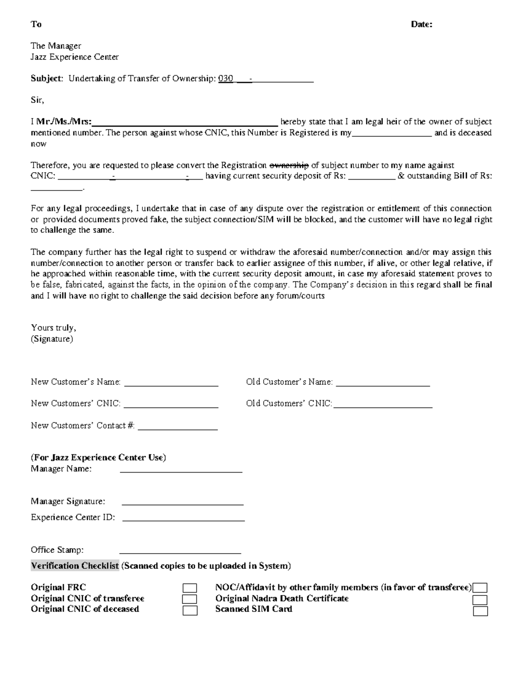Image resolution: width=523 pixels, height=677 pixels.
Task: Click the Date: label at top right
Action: tap(421, 24)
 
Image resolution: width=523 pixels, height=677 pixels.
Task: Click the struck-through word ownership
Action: tap(289, 165)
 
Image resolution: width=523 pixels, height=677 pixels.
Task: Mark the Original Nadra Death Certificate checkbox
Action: tap(480, 600)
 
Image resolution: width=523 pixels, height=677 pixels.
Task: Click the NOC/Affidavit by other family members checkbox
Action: tap(480, 589)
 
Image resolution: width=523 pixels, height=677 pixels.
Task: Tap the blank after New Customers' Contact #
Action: tap(177, 429)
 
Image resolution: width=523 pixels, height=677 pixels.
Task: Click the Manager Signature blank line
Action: tap(182, 503)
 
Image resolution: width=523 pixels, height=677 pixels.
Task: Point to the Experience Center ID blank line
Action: tap(183, 520)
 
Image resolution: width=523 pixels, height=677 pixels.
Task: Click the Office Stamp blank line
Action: tap(180, 552)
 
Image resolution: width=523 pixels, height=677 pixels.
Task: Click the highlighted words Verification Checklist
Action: tap(75, 566)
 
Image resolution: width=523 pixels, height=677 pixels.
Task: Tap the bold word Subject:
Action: tap(47, 78)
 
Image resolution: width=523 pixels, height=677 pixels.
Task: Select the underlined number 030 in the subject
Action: tap(225, 78)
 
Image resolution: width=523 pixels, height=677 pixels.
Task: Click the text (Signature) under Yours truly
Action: tap(52, 339)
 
